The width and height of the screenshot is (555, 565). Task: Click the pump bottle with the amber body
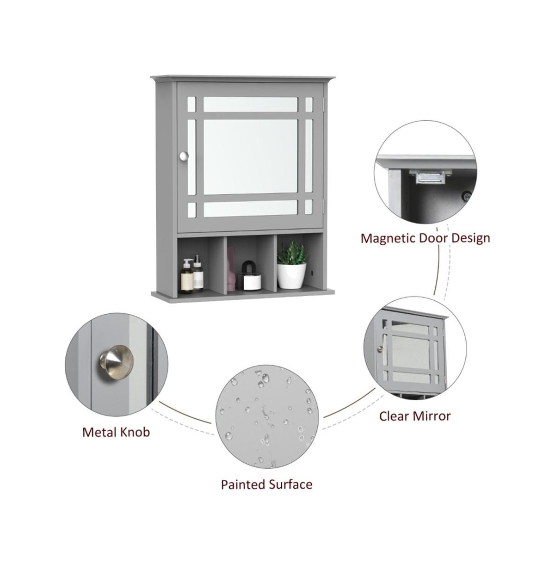tap(187, 276)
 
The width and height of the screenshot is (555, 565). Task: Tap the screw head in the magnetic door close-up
tap(467, 196)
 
